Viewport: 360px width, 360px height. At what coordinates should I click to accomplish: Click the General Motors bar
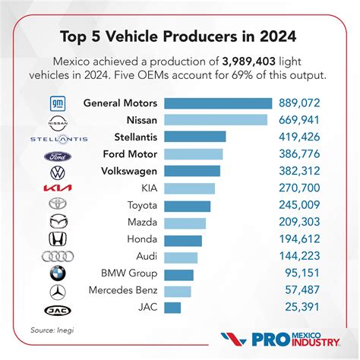pyautogui.click(x=217, y=103)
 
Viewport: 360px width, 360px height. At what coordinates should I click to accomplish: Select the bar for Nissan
pyautogui.click(x=215, y=120)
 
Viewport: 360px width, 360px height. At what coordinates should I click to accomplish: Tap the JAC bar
pyautogui.click(x=172, y=308)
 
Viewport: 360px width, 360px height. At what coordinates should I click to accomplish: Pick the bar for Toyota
pyautogui.click(x=187, y=205)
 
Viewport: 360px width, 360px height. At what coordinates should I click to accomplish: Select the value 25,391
pyautogui.click(x=308, y=308)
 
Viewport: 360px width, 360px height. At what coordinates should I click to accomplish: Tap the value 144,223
pyautogui.click(x=305, y=257)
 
